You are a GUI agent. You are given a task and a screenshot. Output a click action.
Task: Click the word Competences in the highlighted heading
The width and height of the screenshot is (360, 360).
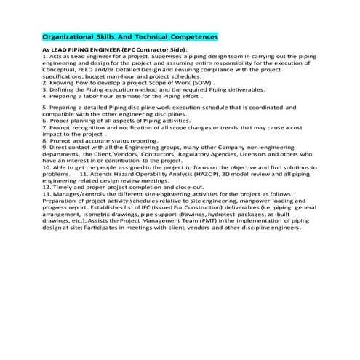[x=191, y=36]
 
